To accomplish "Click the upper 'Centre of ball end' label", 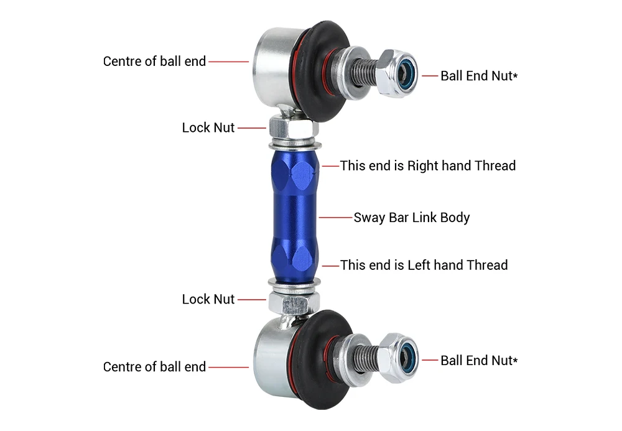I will [154, 62].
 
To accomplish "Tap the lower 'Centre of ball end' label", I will [154, 367].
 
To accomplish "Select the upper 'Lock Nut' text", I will [208, 127].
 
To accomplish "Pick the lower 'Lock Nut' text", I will [208, 299].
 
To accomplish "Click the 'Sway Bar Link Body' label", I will [412, 218].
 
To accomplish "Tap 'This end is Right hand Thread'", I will [428, 165].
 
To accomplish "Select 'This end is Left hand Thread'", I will [424, 265].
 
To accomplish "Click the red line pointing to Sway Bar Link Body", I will [335, 218].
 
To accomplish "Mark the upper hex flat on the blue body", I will [302, 177].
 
